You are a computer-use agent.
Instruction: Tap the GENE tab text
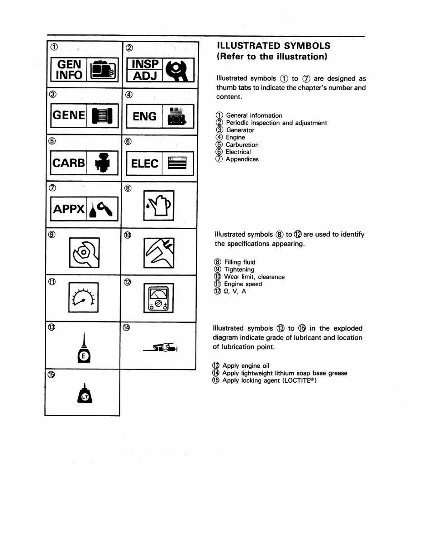69,116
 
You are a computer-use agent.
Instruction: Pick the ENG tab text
145,116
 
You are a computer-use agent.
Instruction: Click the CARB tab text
69,163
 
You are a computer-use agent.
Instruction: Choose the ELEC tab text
145,163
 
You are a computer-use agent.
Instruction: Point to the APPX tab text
69,209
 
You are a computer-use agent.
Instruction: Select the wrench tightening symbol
85,252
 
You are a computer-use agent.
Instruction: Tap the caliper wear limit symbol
158,252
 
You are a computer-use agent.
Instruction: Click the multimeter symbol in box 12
158,298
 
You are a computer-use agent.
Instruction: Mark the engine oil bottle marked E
84,351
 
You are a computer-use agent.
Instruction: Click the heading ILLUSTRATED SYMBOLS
273,46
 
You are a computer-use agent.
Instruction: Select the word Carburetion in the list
242,145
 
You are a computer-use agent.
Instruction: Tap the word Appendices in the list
242,159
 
